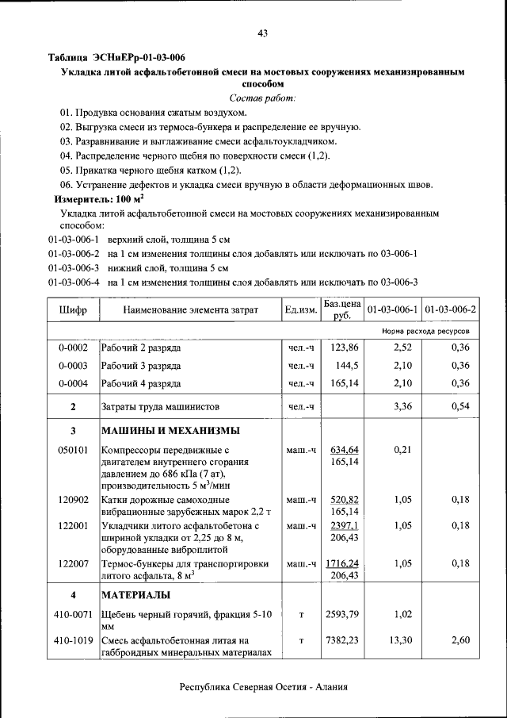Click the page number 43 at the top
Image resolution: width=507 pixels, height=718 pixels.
[x=262, y=33]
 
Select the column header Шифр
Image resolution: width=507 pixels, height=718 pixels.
[x=72, y=309]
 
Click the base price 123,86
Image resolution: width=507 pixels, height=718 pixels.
[x=345, y=347]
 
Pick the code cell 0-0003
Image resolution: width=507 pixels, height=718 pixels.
[x=72, y=366]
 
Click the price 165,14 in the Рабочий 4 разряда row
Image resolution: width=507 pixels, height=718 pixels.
[x=345, y=384]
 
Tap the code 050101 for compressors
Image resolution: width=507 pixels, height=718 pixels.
[x=72, y=450]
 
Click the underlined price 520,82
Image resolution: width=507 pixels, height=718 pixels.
[x=345, y=499]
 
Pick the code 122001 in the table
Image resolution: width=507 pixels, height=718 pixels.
[x=72, y=525]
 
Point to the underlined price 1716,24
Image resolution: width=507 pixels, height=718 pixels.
[x=345, y=562]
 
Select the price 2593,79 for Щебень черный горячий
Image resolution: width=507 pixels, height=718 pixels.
[x=345, y=614]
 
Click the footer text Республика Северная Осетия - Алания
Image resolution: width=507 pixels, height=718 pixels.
[x=264, y=687]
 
